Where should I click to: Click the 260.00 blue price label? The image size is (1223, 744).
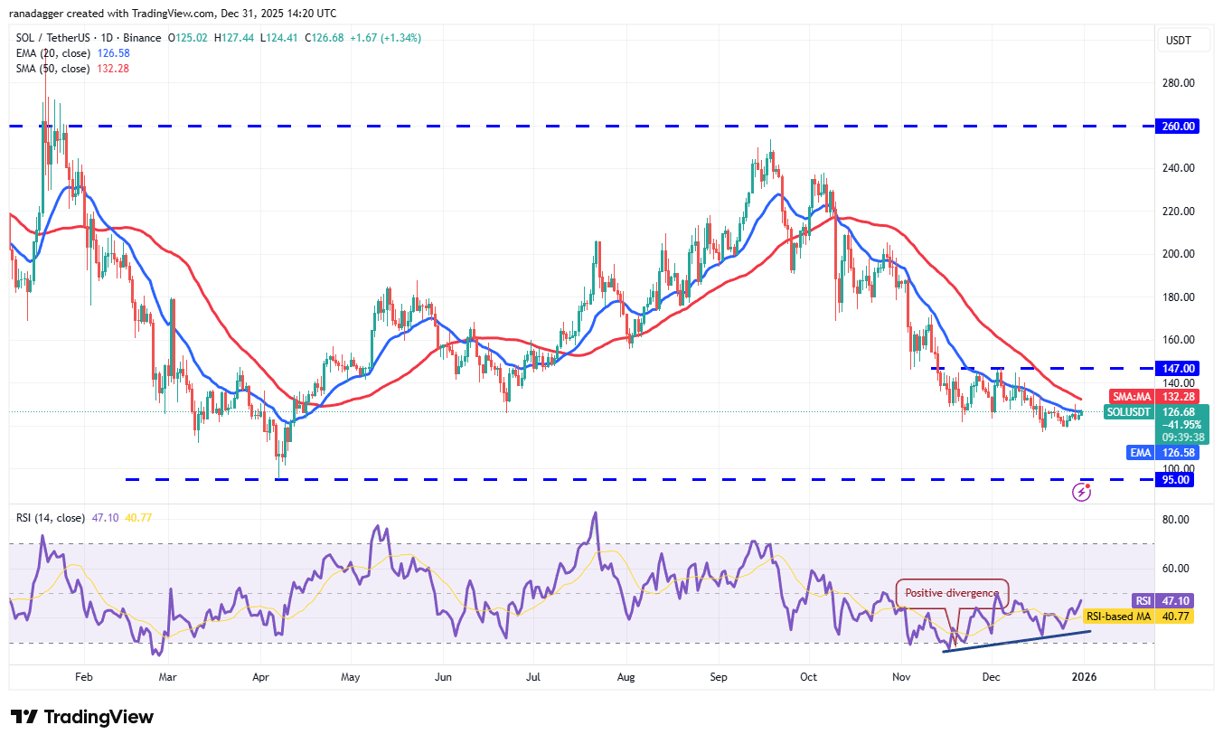coord(1180,127)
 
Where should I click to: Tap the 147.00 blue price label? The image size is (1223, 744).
coord(1180,369)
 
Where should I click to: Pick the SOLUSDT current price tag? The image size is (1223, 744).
coord(1130,412)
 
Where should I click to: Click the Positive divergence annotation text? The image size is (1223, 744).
coord(952,594)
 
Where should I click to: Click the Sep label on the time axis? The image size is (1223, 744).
coord(720,676)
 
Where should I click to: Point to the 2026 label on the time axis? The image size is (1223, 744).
coord(1084,676)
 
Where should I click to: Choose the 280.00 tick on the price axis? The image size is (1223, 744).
coord(1179,83)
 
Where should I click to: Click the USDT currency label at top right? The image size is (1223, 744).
coord(1179,41)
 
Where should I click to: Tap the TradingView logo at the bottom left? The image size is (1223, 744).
coord(82,717)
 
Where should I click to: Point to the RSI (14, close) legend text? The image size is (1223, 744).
coord(51,518)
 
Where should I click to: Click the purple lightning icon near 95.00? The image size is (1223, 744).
coord(1080,492)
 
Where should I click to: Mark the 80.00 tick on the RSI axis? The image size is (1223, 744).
coord(1176,520)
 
